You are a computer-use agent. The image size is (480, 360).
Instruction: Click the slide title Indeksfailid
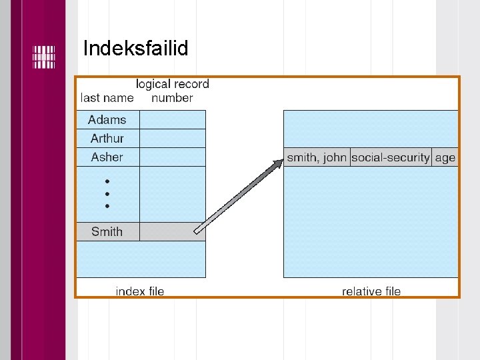coord(136,49)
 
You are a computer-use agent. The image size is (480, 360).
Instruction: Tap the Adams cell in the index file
coord(107,120)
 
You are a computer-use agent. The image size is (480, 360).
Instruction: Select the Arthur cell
coord(107,139)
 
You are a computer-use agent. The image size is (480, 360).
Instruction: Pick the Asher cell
coord(107,157)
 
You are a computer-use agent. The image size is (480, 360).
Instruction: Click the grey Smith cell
coord(107,232)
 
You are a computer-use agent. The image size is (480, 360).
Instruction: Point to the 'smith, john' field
coord(317,157)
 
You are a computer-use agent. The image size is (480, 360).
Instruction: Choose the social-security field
coord(391,157)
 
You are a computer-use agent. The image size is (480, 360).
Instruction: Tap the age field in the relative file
coord(445,157)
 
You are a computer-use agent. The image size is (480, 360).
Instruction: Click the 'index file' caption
coord(140,291)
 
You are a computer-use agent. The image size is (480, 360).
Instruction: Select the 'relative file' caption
coord(371,291)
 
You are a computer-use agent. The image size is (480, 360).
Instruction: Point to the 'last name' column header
coord(107,98)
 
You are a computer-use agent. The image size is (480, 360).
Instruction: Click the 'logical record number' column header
coord(172,91)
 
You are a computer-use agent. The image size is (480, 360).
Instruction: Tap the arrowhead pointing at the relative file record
coord(278,162)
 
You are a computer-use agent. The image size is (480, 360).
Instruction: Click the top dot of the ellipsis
coord(107,181)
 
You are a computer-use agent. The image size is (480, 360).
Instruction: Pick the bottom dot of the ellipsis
coord(107,206)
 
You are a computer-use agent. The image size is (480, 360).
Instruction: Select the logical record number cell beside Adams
coord(173,120)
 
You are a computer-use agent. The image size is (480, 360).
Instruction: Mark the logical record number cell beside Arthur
coord(173,139)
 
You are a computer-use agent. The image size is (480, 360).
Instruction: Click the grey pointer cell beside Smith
coord(173,232)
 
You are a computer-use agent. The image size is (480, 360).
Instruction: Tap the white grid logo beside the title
coord(43,57)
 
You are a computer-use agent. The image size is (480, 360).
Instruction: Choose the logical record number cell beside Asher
coord(173,157)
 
